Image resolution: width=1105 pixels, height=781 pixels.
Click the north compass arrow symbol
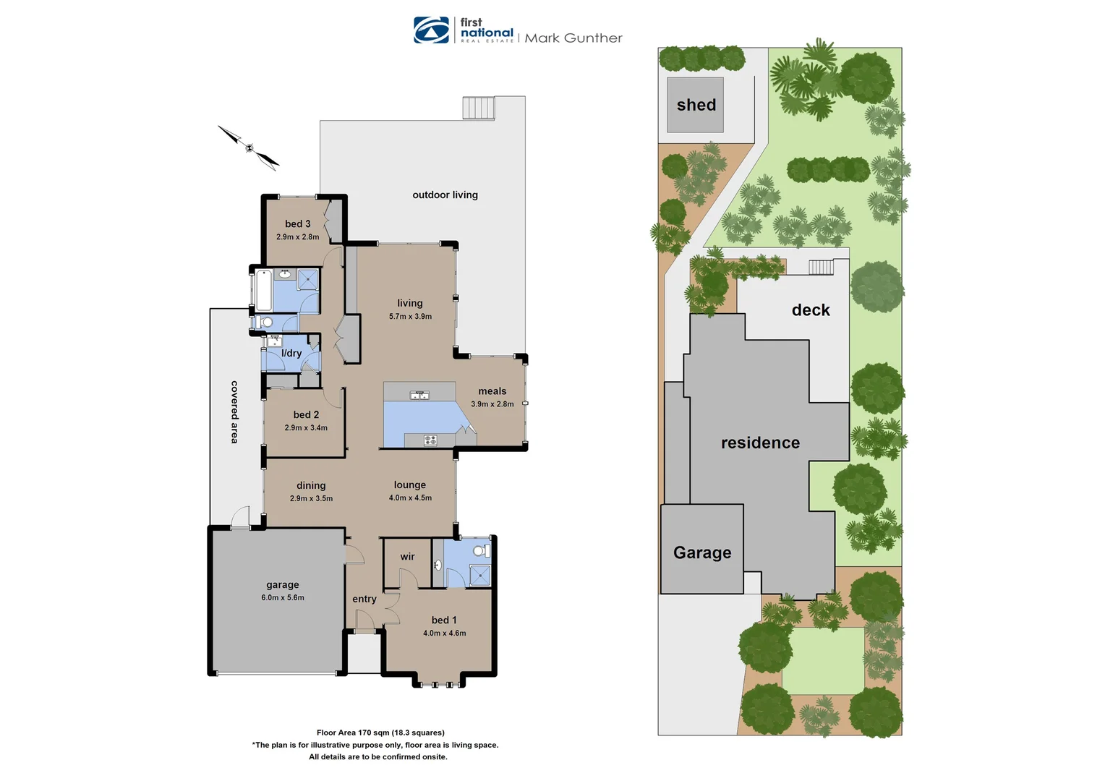click(249, 148)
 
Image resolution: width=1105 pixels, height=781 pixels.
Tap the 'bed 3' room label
click(297, 224)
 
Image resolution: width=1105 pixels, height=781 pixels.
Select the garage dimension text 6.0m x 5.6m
click(283, 598)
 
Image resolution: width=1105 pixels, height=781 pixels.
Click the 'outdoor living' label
click(445, 195)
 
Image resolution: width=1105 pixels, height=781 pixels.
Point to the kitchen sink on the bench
click(419, 395)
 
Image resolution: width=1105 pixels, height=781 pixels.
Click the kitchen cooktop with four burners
click(430, 440)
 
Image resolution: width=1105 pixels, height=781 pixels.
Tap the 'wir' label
click(407, 557)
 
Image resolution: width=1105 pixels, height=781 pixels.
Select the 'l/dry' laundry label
click(291, 354)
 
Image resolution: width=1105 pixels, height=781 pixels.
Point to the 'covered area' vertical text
click(234, 411)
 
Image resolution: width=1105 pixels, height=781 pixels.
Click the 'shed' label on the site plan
click(696, 106)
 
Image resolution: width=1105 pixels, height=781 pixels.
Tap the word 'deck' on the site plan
click(811, 310)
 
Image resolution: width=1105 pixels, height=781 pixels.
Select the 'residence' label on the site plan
click(760, 443)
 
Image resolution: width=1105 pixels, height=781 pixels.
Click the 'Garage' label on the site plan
click(702, 553)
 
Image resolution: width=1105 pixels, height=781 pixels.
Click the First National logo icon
click(432, 30)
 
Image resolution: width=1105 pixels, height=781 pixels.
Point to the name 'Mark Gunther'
click(573, 38)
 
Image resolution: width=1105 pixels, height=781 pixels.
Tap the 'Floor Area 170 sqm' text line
click(380, 733)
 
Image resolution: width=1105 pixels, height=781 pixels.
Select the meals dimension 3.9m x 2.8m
click(492, 404)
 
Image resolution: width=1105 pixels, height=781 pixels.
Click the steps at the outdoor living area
click(479, 108)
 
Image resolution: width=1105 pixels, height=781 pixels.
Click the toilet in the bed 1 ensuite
click(479, 551)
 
